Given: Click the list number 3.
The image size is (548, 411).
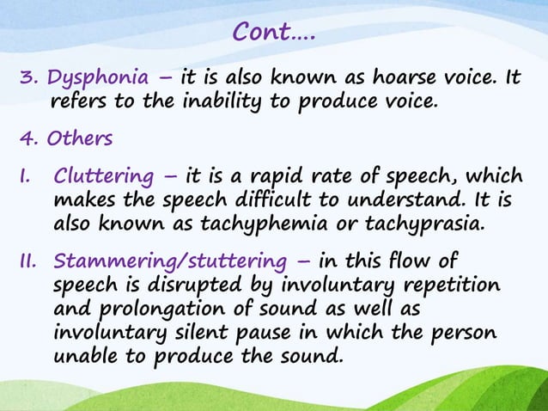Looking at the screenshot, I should [x=26, y=80].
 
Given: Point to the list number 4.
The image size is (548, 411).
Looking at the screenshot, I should [x=26, y=138].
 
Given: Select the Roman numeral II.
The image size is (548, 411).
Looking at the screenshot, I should [x=26, y=261].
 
